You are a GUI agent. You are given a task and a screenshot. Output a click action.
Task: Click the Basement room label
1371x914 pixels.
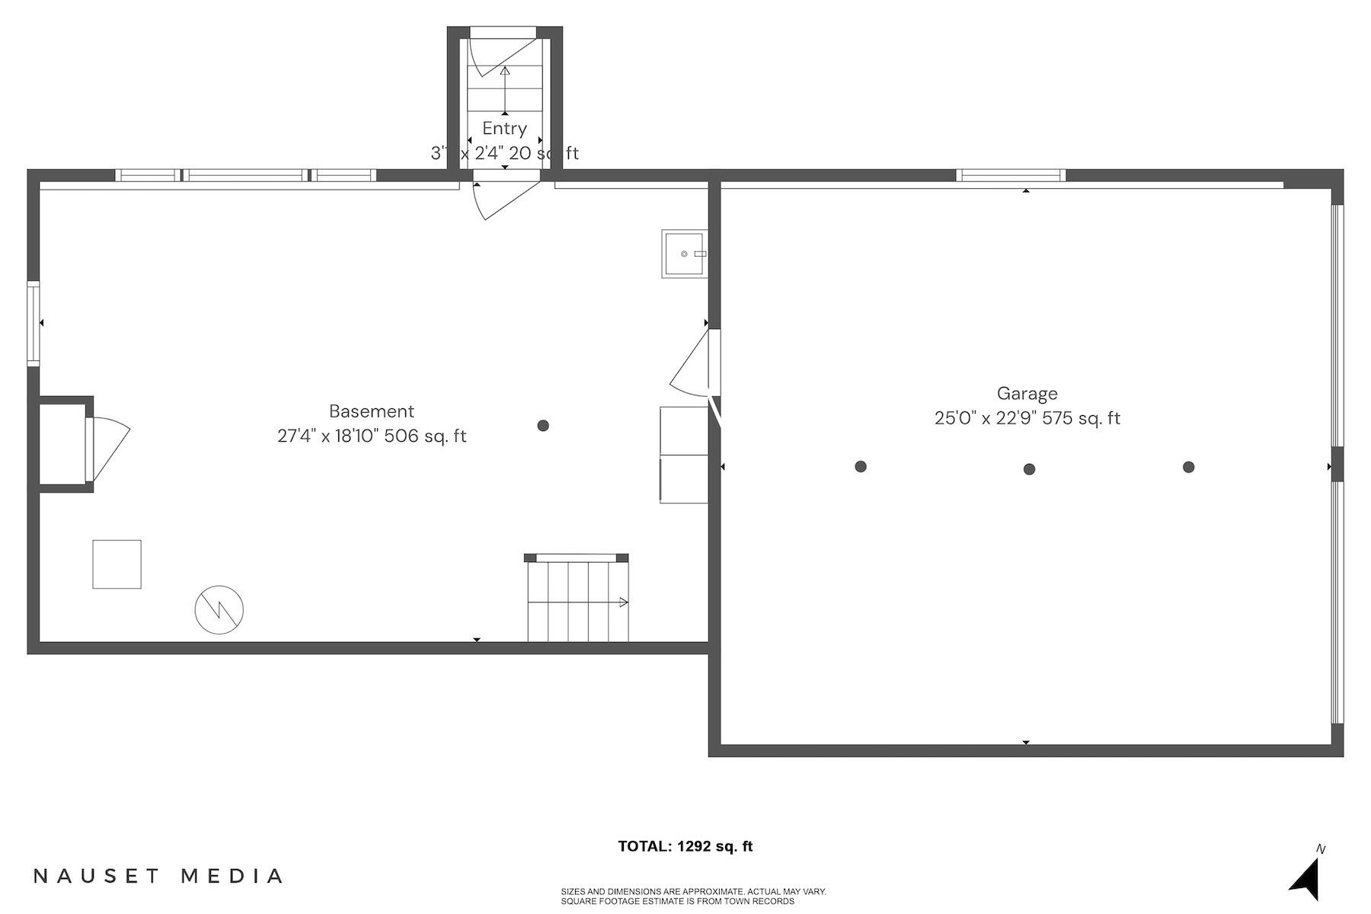(372, 411)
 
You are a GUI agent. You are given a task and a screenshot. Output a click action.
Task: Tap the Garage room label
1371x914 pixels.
(1027, 394)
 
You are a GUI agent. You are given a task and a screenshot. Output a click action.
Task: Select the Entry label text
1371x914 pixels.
(504, 129)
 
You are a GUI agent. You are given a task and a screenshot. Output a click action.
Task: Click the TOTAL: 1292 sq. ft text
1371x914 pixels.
(685, 846)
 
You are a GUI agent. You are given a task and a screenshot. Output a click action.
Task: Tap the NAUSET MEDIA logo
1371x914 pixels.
(158, 876)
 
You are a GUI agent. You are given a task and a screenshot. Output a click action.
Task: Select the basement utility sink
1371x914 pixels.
(683, 254)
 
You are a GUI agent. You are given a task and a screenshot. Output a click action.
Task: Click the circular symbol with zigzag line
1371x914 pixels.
(219, 610)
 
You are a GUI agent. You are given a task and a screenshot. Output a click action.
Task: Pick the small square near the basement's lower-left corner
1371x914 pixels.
(117, 564)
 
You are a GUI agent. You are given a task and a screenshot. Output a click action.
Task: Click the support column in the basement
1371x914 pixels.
(543, 426)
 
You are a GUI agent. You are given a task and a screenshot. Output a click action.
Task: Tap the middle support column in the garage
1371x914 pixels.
(1029, 469)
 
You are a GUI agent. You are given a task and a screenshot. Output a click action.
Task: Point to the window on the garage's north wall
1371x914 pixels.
(1011, 175)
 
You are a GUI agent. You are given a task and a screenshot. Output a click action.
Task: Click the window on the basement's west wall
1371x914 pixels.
(34, 324)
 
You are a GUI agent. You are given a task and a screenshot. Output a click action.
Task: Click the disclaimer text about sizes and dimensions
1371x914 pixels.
(693, 896)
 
